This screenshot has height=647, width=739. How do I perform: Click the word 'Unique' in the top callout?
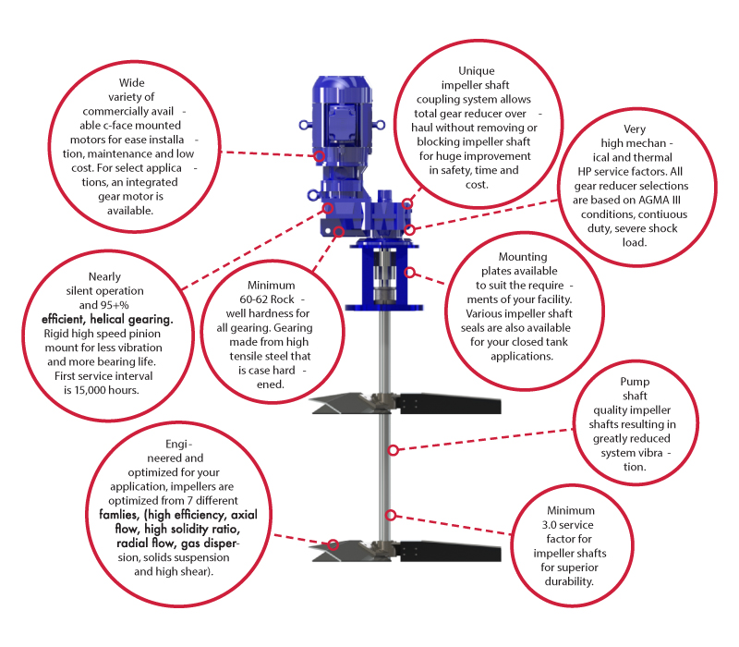tap(477, 70)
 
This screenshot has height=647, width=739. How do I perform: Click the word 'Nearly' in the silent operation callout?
tap(104, 275)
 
